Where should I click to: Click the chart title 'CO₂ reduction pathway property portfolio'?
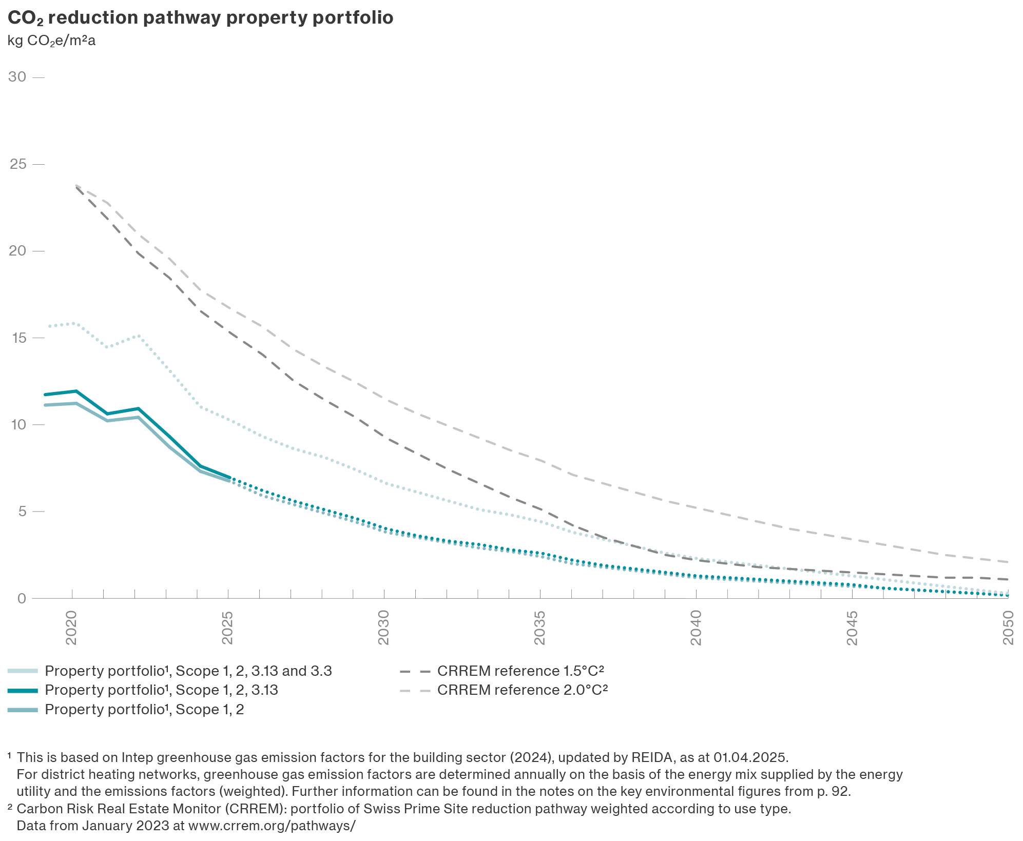200,18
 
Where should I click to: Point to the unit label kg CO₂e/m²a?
51,41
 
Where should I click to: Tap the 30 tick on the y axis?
17,77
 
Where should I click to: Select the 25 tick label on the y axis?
17,164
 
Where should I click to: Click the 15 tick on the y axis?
17,338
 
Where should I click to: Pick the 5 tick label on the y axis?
21,512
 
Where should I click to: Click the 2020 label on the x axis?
71,628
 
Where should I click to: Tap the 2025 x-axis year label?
227,628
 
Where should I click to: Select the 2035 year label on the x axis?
540,628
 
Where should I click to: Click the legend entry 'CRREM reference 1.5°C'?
520,671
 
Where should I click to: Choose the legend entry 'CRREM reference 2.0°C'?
522,690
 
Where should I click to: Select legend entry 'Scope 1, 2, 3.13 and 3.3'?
188,671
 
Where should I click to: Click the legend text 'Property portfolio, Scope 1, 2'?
144,710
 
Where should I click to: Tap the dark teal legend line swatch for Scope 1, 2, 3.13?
23,691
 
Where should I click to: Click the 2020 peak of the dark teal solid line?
76,391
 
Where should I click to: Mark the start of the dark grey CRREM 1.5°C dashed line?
76,187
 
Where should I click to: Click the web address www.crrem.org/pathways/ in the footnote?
272,826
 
